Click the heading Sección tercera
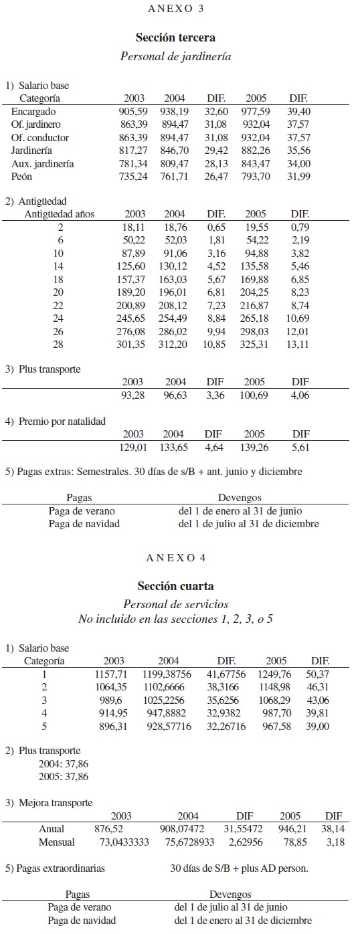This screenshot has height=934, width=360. [175, 38]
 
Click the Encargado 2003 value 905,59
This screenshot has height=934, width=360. [134, 112]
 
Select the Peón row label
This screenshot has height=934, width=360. [23, 177]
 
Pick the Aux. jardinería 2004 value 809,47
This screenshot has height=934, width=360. [175, 164]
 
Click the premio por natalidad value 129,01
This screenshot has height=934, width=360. [134, 446]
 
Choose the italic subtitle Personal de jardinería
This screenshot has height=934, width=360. [175, 57]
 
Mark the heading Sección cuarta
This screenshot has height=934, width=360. [175, 586]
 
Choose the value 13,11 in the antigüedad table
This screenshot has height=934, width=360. [300, 345]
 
